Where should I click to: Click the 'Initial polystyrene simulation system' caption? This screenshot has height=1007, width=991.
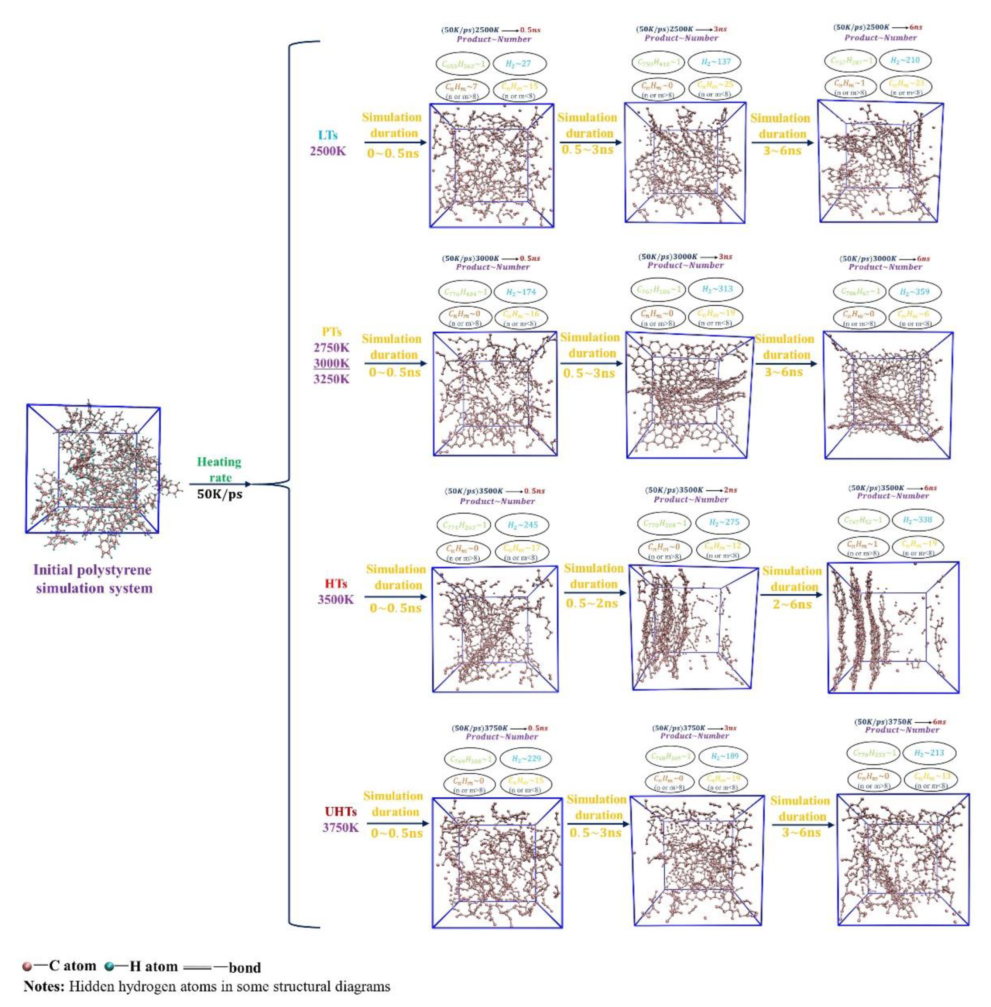coord(93,579)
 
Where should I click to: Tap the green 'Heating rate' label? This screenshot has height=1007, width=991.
coord(219,470)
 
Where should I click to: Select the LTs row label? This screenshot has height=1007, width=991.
coord(328,135)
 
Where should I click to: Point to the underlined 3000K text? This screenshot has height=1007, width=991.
coord(332,363)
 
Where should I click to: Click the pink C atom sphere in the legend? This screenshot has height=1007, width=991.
coord(27,967)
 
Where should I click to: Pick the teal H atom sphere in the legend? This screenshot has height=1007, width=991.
coord(109,967)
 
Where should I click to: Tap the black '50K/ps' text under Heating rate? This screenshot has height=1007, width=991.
coord(219,494)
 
